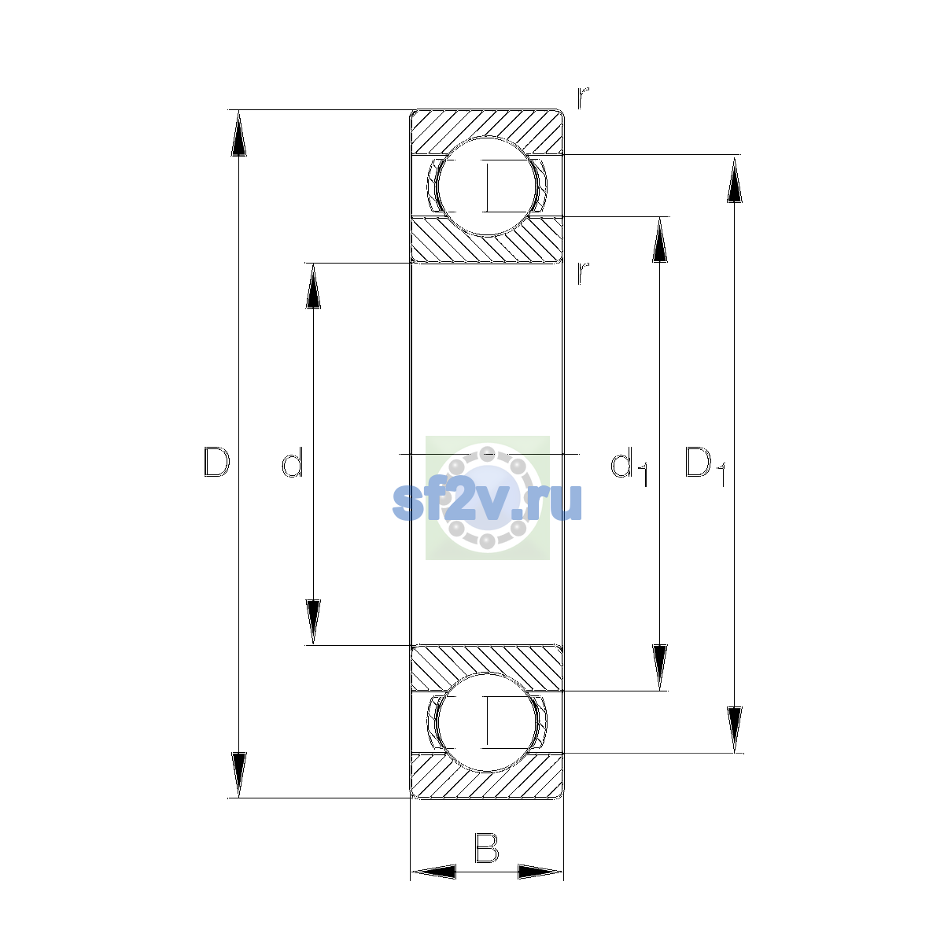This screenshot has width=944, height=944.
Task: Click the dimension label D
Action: [x=216, y=462]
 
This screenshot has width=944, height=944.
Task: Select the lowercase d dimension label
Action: [x=293, y=462]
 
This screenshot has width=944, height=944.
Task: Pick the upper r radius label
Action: [x=582, y=98]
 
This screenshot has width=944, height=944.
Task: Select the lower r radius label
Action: [x=582, y=273]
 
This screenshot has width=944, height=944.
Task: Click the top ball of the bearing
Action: [x=486, y=186]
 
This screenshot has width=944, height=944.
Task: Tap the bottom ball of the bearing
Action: [x=486, y=722]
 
